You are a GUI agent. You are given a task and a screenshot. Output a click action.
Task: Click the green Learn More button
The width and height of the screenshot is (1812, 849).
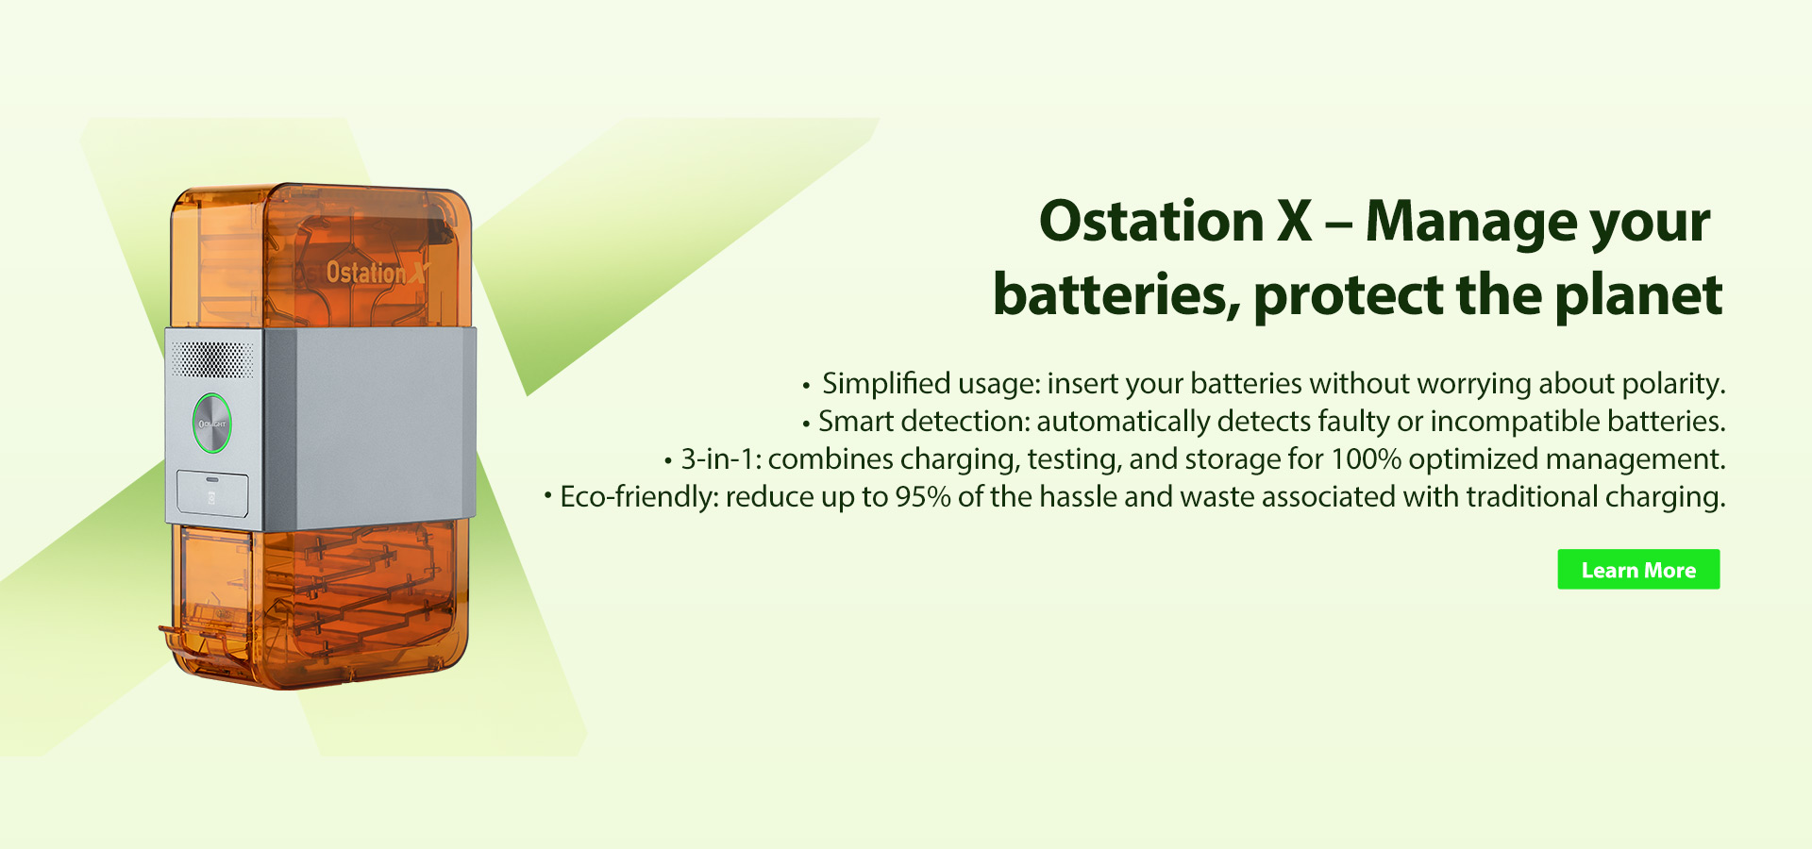point(1638,570)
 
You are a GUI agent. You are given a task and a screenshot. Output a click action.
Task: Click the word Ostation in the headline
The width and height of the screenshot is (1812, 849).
point(1151,222)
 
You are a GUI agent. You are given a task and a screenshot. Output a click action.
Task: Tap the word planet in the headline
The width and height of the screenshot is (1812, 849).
point(1638,295)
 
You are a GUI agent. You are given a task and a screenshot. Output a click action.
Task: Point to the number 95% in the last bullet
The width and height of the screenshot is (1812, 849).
point(922,496)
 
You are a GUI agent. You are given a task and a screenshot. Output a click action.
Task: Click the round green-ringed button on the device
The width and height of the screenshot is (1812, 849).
point(212,424)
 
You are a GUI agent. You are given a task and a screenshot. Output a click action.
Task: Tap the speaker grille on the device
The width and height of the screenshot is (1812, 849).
point(212,359)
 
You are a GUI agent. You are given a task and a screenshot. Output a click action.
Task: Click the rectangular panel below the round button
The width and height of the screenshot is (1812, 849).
point(213,493)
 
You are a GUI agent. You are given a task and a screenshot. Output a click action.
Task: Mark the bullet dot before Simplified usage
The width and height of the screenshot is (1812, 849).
point(806,386)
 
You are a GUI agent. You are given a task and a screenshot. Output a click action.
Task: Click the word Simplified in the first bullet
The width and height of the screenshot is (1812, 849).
point(886,385)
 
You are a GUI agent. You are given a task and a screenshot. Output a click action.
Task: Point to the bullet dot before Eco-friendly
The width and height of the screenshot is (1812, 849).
point(547,495)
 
